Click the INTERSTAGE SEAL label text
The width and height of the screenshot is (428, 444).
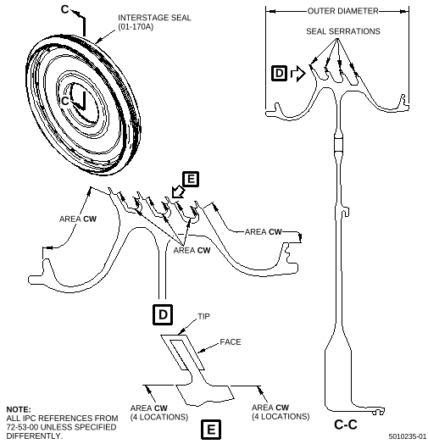click(x=154, y=18)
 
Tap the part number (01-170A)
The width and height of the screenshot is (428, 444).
click(x=136, y=27)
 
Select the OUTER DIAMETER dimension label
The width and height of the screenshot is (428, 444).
click(x=342, y=11)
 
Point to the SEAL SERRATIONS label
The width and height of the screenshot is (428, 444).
click(x=343, y=31)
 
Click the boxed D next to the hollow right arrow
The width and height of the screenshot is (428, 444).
click(x=280, y=73)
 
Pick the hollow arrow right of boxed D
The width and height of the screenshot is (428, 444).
click(x=298, y=74)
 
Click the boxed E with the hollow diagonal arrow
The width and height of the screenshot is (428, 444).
click(x=191, y=179)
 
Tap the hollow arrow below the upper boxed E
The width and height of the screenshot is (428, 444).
click(x=178, y=191)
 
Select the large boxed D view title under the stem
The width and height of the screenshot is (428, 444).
click(x=163, y=314)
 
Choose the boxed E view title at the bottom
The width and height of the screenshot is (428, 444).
click(x=211, y=430)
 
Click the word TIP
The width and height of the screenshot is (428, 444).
click(x=203, y=316)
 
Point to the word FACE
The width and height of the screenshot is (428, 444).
click(x=231, y=342)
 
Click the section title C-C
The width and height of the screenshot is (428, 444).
click(x=346, y=425)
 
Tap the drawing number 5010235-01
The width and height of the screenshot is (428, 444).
click(x=408, y=436)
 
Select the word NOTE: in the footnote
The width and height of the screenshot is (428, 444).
click(x=19, y=409)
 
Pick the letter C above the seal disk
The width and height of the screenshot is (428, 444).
click(x=65, y=9)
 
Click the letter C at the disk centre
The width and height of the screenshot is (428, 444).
click(x=65, y=101)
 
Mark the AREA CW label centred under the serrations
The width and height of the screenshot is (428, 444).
click(x=192, y=250)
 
